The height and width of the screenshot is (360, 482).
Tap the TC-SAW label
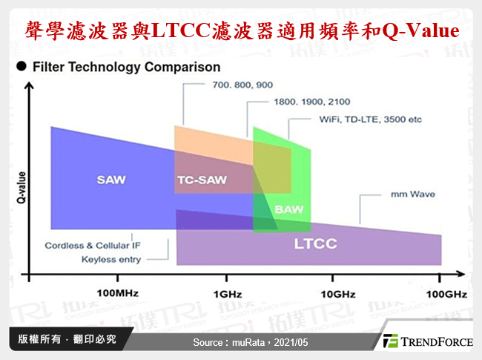coord(202,180)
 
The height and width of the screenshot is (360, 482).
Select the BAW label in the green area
coord(288,210)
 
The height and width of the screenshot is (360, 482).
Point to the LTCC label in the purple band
coord(316,243)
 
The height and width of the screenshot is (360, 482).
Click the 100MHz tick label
coord(117,294)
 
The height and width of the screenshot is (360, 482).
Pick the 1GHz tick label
coord(227,294)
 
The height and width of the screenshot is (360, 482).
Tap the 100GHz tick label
coord(441,294)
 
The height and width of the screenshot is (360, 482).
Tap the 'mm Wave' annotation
coord(412,195)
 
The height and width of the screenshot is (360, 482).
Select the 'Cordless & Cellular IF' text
coord(93,246)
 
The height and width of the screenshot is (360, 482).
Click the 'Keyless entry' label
coord(110,260)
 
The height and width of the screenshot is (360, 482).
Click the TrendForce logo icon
coord(391,341)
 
